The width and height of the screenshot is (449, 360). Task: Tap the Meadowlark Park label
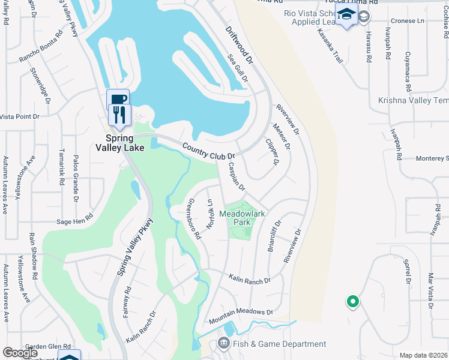click(x=242, y=218)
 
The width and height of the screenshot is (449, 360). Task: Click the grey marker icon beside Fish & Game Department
click(x=224, y=344)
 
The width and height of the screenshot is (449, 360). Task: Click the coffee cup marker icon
click(x=118, y=98)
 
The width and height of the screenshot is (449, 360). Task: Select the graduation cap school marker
click(x=346, y=15)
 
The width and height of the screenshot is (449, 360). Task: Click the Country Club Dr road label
click(x=208, y=151)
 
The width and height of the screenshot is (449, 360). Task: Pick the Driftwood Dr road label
click(x=240, y=44)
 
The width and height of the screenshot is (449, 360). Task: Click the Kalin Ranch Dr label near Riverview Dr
click(x=250, y=278)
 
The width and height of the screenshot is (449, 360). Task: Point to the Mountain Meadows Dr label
click(x=241, y=314)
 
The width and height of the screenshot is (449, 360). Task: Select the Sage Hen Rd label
click(x=74, y=220)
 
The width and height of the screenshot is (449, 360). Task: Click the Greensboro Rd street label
click(x=194, y=219)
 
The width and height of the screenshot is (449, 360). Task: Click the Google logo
click(x=20, y=353)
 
